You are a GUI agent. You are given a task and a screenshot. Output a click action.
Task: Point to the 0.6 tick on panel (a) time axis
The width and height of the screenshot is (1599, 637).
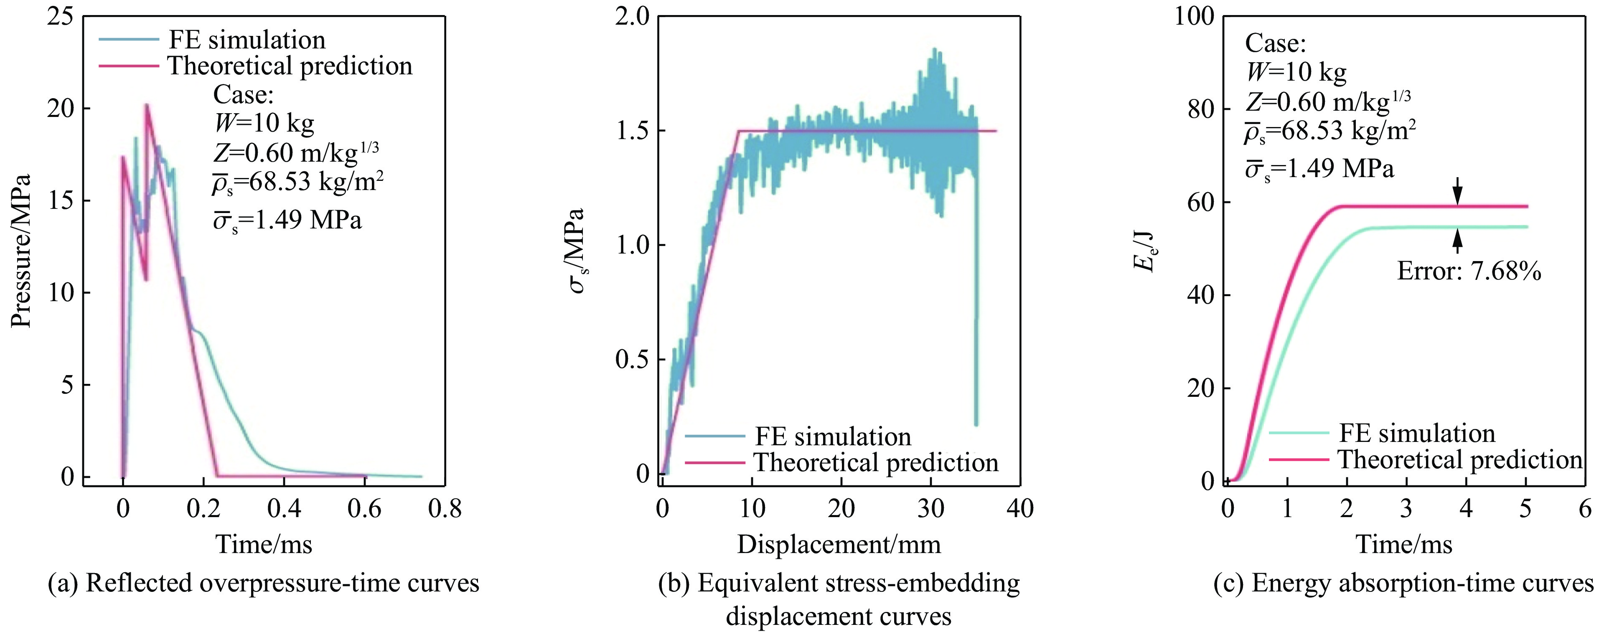pos(364,508)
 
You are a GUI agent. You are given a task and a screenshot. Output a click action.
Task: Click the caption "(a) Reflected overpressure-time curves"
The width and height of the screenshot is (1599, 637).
pos(263,583)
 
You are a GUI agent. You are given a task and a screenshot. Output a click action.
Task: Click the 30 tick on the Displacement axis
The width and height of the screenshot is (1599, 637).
pos(930,508)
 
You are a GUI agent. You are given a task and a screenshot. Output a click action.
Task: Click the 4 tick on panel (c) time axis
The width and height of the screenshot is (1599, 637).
pos(1466,508)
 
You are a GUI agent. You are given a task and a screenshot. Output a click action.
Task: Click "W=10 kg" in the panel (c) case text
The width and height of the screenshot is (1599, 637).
pos(1296,73)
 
